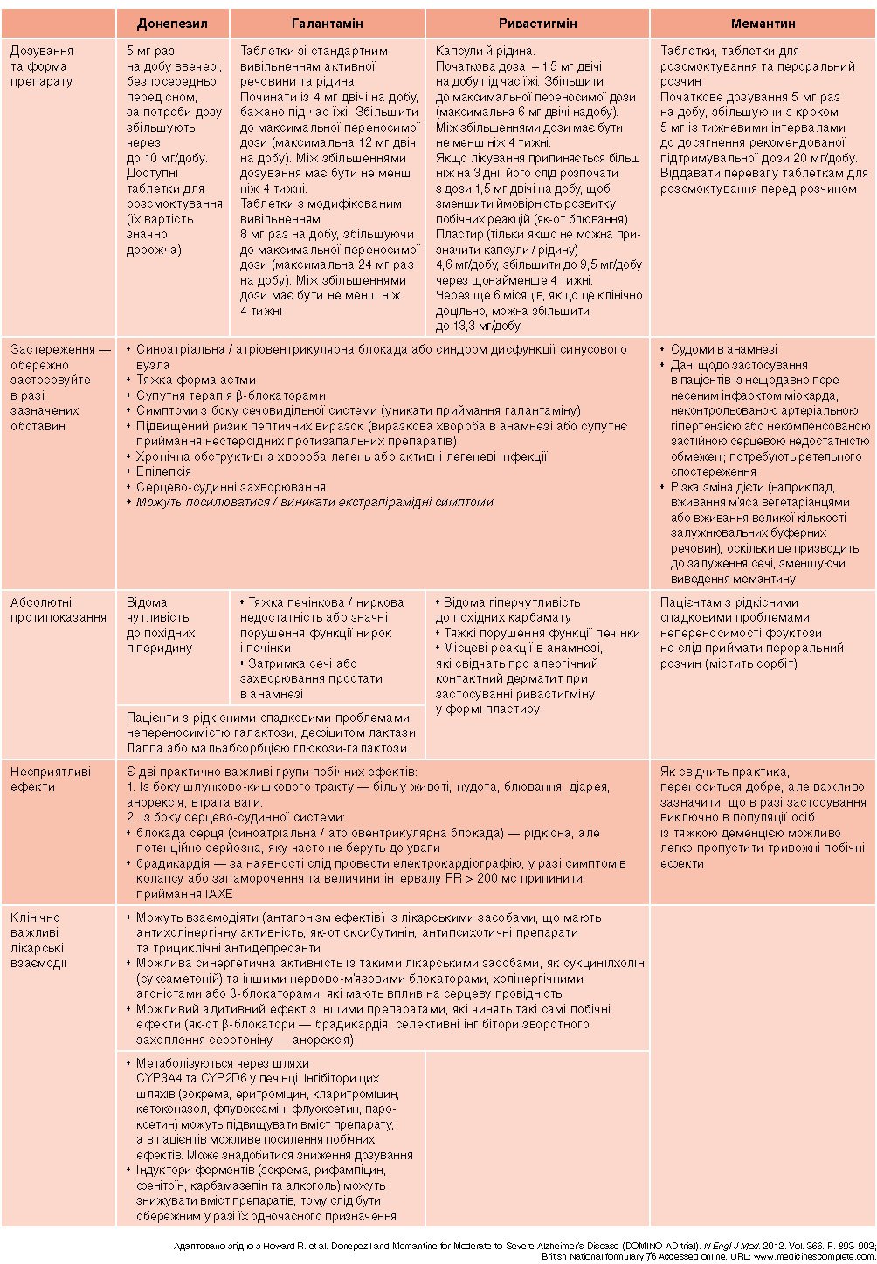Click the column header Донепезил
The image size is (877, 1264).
pos(172,24)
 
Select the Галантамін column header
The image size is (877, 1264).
pos(327,24)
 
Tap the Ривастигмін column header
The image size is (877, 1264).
pos(537,24)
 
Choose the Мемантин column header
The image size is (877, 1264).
pos(763,24)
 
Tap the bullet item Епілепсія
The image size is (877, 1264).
pos(163,471)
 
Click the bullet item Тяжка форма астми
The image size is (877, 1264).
pos(196,380)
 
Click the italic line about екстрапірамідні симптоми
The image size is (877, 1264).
pos(314,502)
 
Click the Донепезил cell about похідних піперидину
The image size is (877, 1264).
pos(161,625)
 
